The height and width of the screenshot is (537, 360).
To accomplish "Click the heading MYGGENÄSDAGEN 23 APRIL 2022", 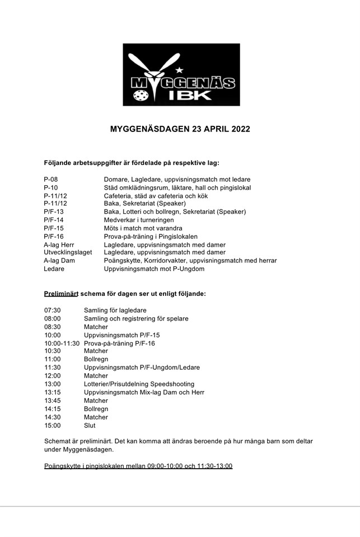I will pos(180,129).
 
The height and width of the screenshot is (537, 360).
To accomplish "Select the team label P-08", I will pos(51,179).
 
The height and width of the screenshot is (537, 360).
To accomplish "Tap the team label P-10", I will pos(51,187).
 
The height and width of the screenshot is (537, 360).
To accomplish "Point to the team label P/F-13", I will pos(54,212).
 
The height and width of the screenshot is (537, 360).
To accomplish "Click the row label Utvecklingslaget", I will pos(68,252).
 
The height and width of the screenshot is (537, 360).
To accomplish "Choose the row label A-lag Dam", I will pos(59,261).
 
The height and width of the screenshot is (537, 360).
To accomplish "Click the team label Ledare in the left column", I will pos(54,269).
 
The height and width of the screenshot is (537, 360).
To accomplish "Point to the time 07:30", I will pos(53,310).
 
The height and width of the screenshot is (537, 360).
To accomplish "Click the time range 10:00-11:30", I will pos(62,343).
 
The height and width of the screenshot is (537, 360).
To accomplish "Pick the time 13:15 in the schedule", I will pos(53,392).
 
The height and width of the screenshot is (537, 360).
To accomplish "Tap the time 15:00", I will pos(53,425).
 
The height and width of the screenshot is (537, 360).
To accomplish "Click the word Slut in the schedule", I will pos(90,425).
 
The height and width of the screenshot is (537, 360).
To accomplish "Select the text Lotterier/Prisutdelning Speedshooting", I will pos(139,384).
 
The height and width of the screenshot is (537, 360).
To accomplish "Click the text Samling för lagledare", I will pos(115,310).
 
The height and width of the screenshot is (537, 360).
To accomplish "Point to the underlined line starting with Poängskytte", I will pos(138,466).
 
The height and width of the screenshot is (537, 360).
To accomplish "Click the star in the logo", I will pos(180,70).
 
